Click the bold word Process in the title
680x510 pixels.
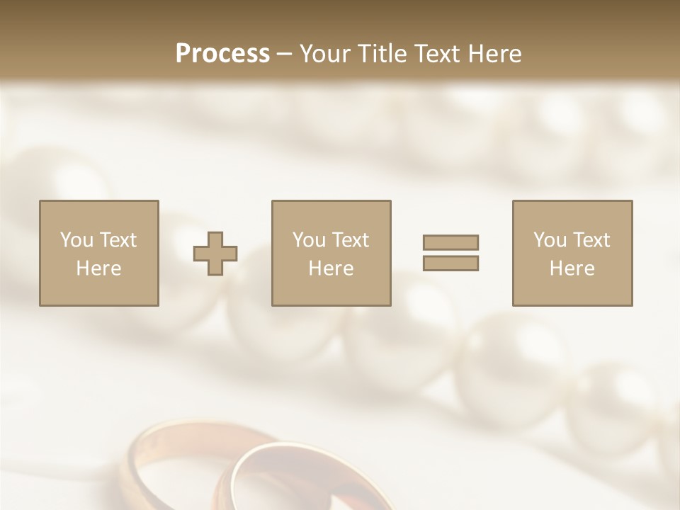(222, 53)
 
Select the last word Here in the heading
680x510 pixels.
(493, 53)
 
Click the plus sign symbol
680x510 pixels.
(215, 253)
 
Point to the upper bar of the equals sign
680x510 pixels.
(450, 242)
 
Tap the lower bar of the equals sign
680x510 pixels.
(450, 263)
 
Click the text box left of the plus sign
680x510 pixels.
(98, 253)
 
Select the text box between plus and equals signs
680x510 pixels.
(331, 253)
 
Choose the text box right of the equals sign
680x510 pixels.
(572, 253)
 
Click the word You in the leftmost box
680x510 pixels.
(76, 239)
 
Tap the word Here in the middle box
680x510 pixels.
(331, 268)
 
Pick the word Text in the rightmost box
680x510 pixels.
(591, 239)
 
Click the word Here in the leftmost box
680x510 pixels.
(98, 268)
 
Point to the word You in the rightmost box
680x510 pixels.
(550, 239)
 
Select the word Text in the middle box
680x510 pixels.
(350, 239)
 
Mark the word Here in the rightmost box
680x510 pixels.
(572, 268)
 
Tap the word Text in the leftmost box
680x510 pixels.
(118, 239)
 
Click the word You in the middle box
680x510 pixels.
(309, 239)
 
